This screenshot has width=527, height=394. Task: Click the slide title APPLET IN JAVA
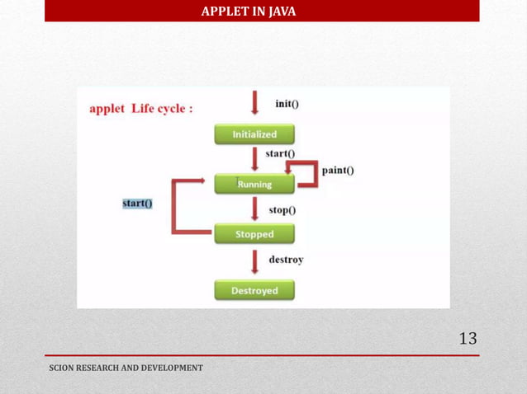248,12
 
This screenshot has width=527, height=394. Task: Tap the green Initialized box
254,134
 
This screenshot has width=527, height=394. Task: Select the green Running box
254,184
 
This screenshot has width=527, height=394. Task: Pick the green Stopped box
254,234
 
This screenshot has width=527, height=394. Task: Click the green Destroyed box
254,290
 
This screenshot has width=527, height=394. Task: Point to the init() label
287,104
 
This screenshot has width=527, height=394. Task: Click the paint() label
338,171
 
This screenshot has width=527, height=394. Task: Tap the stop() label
282,210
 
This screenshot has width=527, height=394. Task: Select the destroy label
286,260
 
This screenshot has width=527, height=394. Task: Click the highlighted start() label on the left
137,204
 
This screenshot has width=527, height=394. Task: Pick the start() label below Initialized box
280,153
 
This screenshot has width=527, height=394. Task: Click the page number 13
468,338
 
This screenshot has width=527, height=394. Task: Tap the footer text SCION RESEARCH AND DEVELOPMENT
126,368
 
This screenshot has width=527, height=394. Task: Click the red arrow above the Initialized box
255,104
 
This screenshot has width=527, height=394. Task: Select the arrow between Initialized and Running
255,158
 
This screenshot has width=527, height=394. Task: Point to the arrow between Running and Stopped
255,209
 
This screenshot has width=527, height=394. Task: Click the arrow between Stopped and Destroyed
255,262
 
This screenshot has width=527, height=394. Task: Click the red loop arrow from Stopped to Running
174,206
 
